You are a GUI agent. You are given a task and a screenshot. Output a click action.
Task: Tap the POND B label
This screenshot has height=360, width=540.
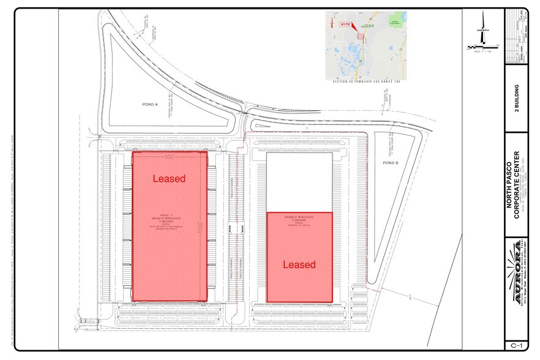click(390, 163)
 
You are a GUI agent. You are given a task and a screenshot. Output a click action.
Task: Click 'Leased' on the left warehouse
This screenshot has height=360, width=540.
click(168, 178)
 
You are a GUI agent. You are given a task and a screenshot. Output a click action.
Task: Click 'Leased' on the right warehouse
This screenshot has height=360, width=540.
click(299, 264)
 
